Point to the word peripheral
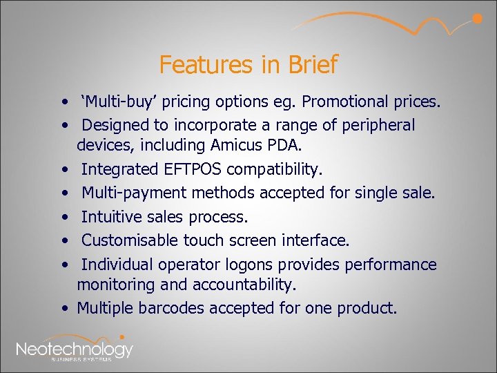378,125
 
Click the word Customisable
130,240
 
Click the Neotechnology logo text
75,348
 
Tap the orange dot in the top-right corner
476,19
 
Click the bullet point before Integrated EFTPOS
63,169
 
